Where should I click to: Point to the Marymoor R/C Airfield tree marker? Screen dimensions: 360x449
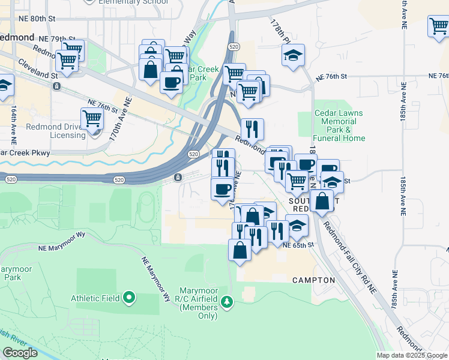(226, 301)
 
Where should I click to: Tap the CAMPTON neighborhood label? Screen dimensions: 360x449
(313, 280)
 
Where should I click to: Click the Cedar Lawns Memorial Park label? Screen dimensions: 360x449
(339, 125)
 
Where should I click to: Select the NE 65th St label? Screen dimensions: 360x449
(298, 245)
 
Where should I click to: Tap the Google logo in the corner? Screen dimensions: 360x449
(20, 353)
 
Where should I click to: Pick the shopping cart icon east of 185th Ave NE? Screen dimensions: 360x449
(438, 26)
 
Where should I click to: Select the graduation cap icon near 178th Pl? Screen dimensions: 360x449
(294, 56)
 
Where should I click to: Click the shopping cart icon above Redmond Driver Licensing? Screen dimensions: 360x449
(92, 119)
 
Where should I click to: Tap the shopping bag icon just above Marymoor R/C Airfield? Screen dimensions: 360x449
(240, 249)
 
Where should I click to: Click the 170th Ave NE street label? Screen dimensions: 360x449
(119, 119)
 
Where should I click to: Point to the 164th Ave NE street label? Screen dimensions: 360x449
(13, 124)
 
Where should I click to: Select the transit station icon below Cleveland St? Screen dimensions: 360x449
(56, 86)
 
